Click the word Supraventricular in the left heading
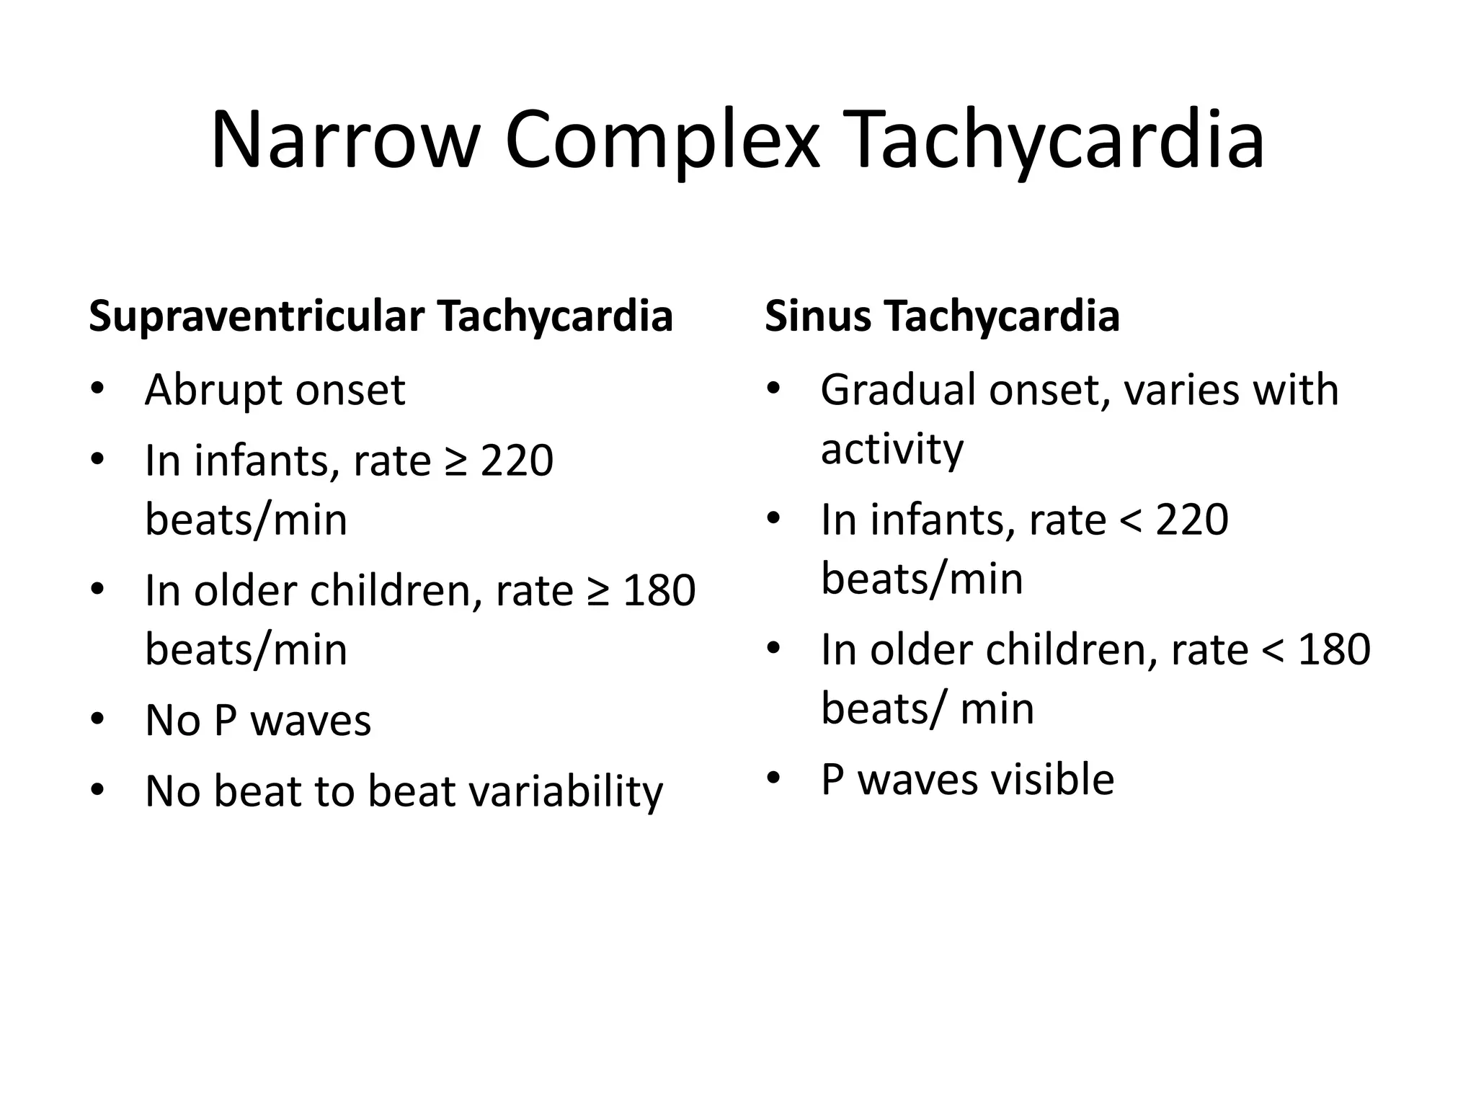(x=256, y=316)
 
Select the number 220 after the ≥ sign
(x=517, y=461)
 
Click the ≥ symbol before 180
(x=598, y=591)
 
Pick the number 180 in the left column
(x=659, y=591)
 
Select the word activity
(x=892, y=449)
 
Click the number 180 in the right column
(x=1334, y=649)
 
